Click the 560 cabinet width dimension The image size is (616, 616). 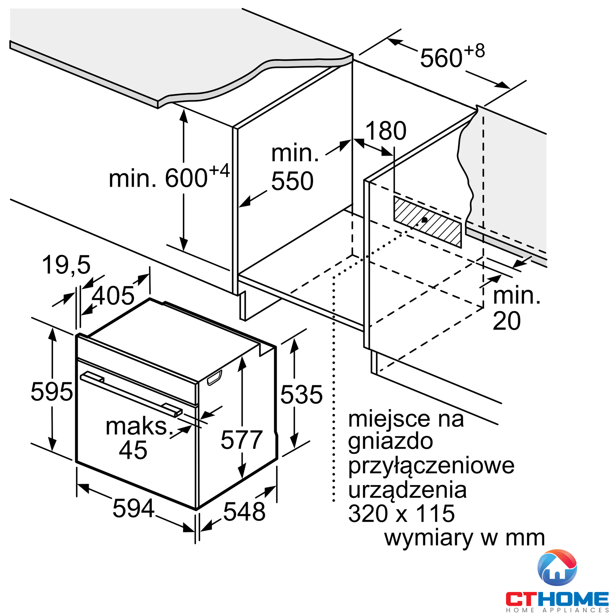tap(441, 58)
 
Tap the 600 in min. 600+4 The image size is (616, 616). tap(186, 178)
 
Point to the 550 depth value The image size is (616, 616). tap(292, 181)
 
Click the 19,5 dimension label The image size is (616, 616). tap(66, 265)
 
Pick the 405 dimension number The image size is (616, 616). tap(113, 296)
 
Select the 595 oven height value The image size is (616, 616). tap(52, 392)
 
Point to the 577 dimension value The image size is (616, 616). tap(241, 440)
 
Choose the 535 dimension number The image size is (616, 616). tap(301, 395)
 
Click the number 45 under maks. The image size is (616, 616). tap(133, 451)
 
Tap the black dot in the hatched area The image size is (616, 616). tap(424, 220)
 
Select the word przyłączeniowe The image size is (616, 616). tap(431, 466)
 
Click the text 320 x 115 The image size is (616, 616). tap(401, 514)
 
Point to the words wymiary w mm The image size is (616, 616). tap(464, 538)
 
